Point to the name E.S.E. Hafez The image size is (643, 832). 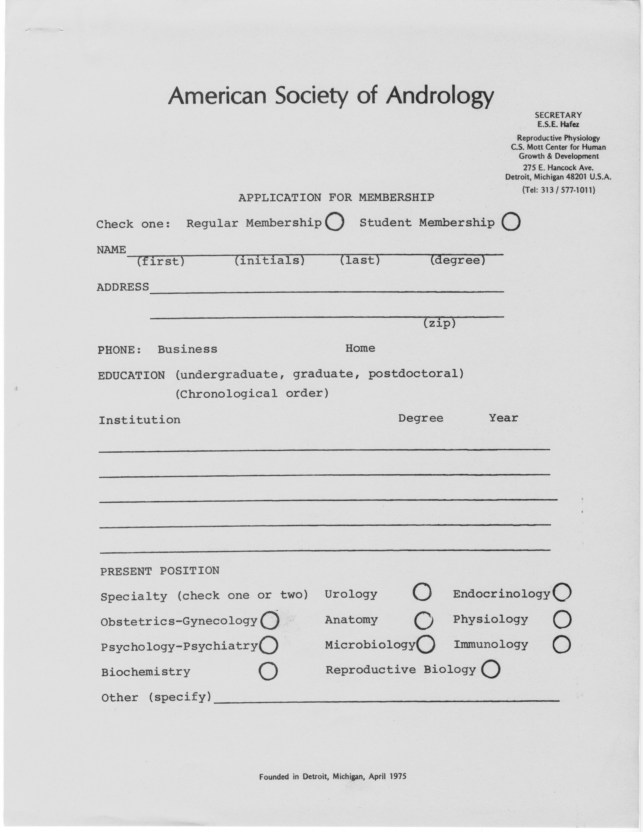tap(558, 124)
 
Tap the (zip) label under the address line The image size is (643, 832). tap(439, 323)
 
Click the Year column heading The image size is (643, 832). tap(503, 418)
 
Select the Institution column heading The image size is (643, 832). tap(139, 420)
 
